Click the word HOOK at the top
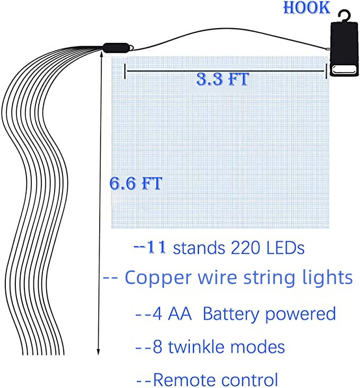(x=307, y=7)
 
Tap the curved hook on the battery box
(x=345, y=15)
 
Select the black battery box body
(x=344, y=49)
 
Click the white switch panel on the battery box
(x=344, y=69)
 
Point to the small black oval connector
(x=116, y=48)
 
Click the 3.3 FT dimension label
(x=222, y=80)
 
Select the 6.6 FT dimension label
(x=136, y=183)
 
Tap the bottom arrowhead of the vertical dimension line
(x=98, y=352)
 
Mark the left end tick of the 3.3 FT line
(x=125, y=71)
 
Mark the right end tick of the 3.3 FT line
(x=327, y=71)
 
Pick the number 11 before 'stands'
(x=156, y=247)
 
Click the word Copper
(x=158, y=278)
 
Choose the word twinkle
(x=197, y=347)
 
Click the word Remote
(x=184, y=380)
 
